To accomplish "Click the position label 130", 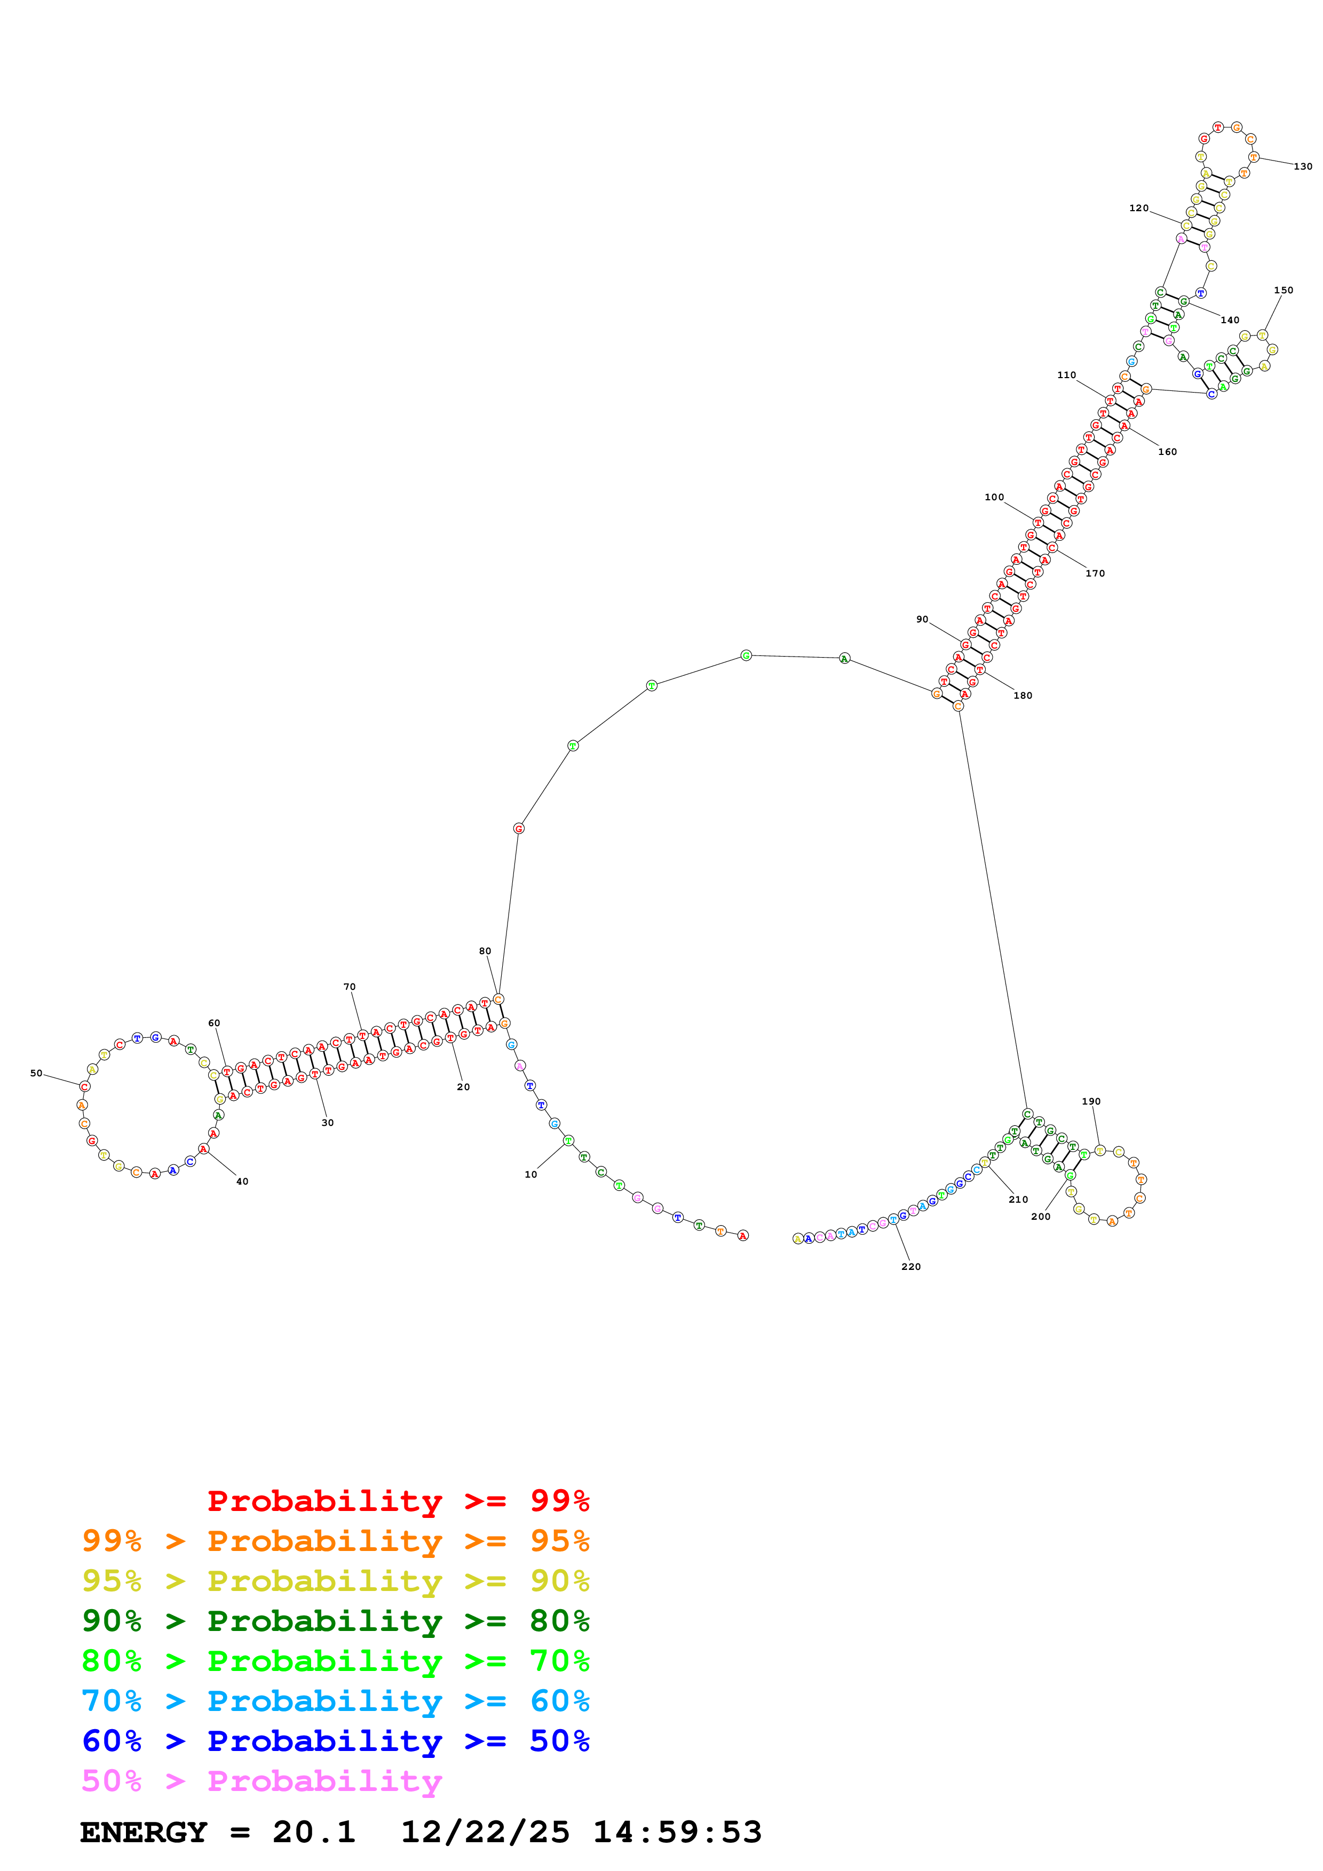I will tap(1303, 166).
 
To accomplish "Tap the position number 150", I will tap(1283, 290).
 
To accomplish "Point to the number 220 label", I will tap(910, 1266).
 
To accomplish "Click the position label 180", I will tap(1022, 695).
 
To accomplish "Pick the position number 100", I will tap(994, 497).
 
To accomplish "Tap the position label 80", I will tap(485, 951).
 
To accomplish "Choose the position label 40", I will tap(242, 1181).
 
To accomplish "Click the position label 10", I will tap(530, 1174).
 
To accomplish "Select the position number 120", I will tap(1139, 209).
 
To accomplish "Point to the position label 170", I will tap(1095, 574).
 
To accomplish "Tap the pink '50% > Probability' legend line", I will tap(261, 1781).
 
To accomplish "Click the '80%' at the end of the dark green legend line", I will tap(559, 1621).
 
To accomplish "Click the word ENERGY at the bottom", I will tap(144, 1833).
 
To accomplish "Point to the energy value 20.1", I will tap(314, 1833).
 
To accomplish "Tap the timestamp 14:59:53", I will tap(677, 1833).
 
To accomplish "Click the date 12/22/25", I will tap(485, 1833).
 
